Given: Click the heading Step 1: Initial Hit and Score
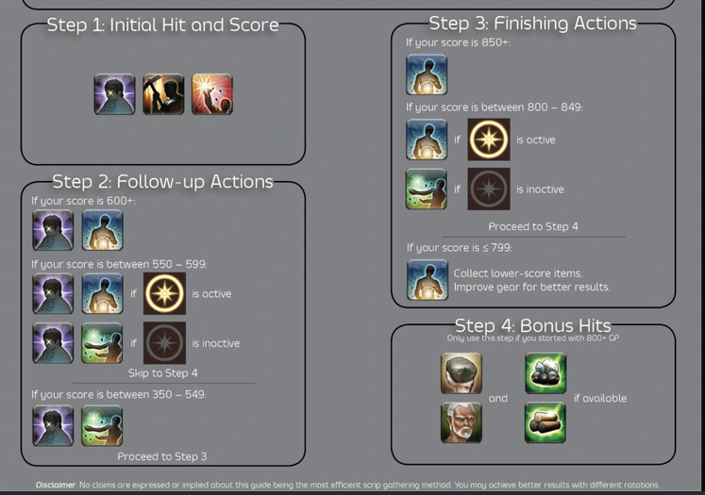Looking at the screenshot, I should [x=163, y=25].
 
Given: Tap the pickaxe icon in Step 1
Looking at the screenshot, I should [x=163, y=94].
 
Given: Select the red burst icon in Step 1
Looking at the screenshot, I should [x=212, y=94].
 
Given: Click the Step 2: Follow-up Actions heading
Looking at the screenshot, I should [x=162, y=181].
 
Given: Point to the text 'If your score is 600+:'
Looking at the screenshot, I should [x=84, y=201].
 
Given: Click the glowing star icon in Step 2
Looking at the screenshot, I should [x=164, y=293].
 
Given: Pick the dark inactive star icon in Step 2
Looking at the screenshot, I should [x=164, y=343].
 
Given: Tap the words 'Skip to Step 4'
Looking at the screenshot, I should [x=162, y=373].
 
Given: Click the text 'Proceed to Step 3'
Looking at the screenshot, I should [x=162, y=456].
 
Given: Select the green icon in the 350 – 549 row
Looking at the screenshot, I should [x=102, y=425].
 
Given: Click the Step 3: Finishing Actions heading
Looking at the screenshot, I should [x=532, y=24].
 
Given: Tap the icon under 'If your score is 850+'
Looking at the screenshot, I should [x=427, y=74].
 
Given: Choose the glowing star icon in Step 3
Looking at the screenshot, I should [x=489, y=140].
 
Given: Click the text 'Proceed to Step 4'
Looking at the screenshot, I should [x=533, y=226].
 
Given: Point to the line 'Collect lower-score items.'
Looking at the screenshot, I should [x=517, y=273].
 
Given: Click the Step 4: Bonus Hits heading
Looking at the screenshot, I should [x=532, y=326].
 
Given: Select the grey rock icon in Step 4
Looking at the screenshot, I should [x=462, y=373].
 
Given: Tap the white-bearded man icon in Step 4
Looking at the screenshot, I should [x=462, y=421].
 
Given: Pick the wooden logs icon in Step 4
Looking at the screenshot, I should [x=546, y=421].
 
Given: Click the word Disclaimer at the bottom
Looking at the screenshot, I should [x=56, y=485].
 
